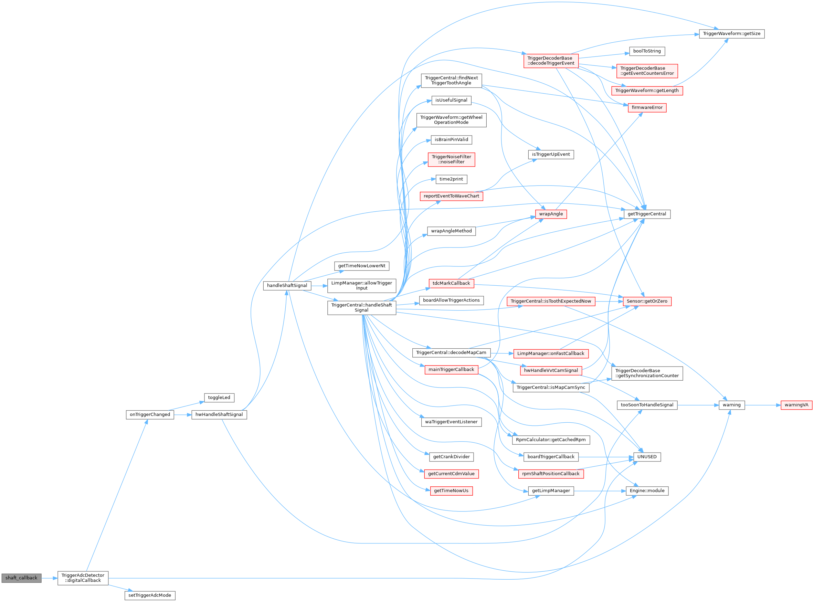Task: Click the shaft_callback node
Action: tap(21, 578)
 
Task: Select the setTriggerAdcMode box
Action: tap(149, 595)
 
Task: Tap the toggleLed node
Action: tap(219, 398)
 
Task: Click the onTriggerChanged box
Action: tap(150, 415)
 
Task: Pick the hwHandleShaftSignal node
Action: tap(219, 415)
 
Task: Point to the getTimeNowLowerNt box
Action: tap(361, 266)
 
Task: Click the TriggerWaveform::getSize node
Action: tap(731, 34)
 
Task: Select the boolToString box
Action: tap(647, 51)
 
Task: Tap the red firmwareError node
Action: tap(647, 108)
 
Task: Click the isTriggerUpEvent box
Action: tap(551, 155)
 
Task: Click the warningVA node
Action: tap(796, 405)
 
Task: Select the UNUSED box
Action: tap(647, 457)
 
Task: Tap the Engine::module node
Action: tap(647, 491)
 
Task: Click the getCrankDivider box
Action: tap(451, 457)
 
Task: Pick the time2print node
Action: tap(451, 179)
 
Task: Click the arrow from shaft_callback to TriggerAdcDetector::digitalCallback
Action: tap(49, 578)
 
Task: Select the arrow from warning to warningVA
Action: tap(762, 405)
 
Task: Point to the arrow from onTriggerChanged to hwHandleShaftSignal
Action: tap(182, 415)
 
